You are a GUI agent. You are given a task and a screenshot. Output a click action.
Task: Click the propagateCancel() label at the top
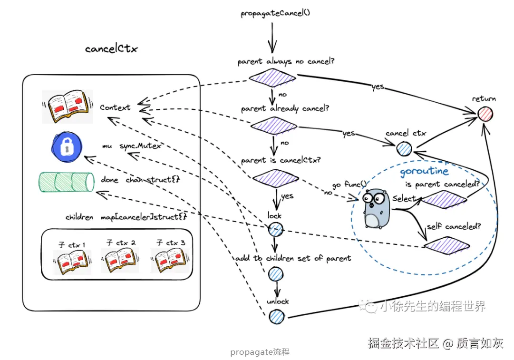pyautogui.click(x=275, y=13)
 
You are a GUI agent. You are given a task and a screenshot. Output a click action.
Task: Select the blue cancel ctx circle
pyautogui.click(x=405, y=149)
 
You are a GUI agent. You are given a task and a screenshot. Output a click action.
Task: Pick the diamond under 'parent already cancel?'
pyautogui.click(x=274, y=126)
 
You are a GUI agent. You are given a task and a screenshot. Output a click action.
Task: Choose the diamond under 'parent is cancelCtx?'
pyautogui.click(x=275, y=178)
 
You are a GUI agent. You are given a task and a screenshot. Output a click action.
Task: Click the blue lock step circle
pyautogui.click(x=275, y=230)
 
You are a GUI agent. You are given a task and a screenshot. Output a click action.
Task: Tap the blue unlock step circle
pyautogui.click(x=276, y=316)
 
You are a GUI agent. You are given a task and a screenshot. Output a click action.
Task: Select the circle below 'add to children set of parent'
pyautogui.click(x=276, y=274)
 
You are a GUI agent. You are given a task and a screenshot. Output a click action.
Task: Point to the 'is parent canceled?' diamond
pyautogui.click(x=444, y=199)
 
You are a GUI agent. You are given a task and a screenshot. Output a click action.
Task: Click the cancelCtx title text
pyautogui.click(x=111, y=49)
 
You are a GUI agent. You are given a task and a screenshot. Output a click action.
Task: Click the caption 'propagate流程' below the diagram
pyautogui.click(x=260, y=352)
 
